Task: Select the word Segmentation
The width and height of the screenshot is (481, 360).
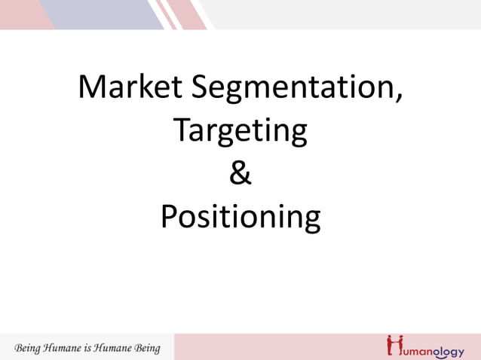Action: pyautogui.click(x=290, y=89)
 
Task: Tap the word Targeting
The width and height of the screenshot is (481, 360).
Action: pyautogui.click(x=240, y=132)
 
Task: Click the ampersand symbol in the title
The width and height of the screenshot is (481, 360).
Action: pyautogui.click(x=240, y=174)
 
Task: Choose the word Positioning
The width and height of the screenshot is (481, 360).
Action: pyautogui.click(x=240, y=218)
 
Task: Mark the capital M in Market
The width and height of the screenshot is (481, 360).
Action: pyautogui.click(x=93, y=87)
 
